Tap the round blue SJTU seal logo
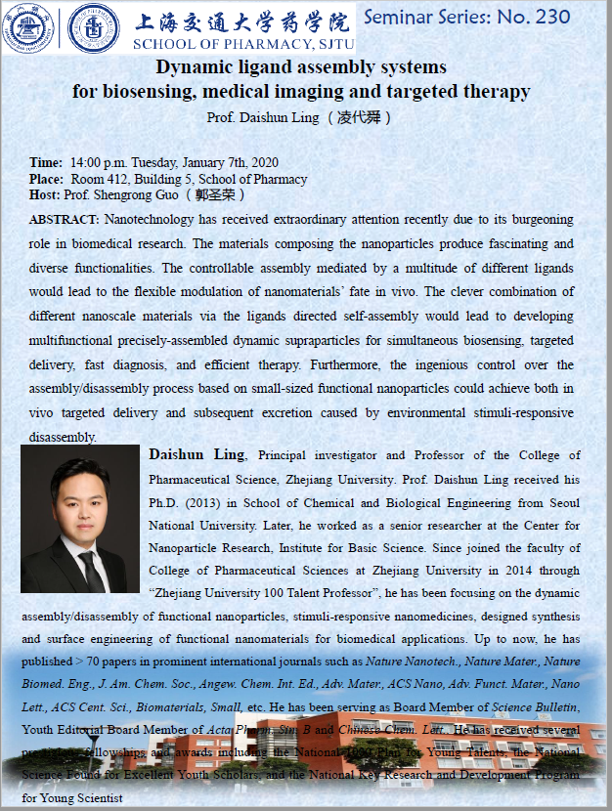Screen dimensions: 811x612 click(95, 27)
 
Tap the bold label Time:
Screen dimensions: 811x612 click(46, 163)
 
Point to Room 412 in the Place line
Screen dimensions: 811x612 click(96, 179)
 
